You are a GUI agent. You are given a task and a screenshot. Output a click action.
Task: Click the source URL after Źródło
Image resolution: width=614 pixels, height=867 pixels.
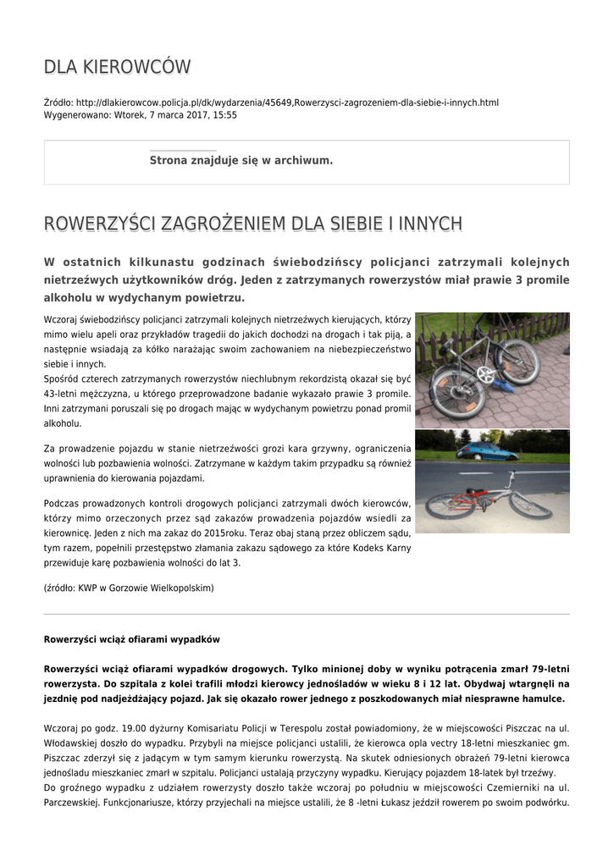pyautogui.click(x=287, y=102)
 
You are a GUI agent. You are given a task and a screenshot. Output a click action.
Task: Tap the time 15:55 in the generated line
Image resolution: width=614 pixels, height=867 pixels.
pyautogui.click(x=224, y=115)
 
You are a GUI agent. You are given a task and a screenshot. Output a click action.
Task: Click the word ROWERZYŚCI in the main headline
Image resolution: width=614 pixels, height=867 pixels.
pyautogui.click(x=99, y=224)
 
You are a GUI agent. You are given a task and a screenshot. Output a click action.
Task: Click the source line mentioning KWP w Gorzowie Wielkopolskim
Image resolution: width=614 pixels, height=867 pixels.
pyautogui.click(x=129, y=588)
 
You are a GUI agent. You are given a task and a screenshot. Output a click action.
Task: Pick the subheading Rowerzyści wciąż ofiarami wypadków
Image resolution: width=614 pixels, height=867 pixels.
pyautogui.click(x=131, y=639)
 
